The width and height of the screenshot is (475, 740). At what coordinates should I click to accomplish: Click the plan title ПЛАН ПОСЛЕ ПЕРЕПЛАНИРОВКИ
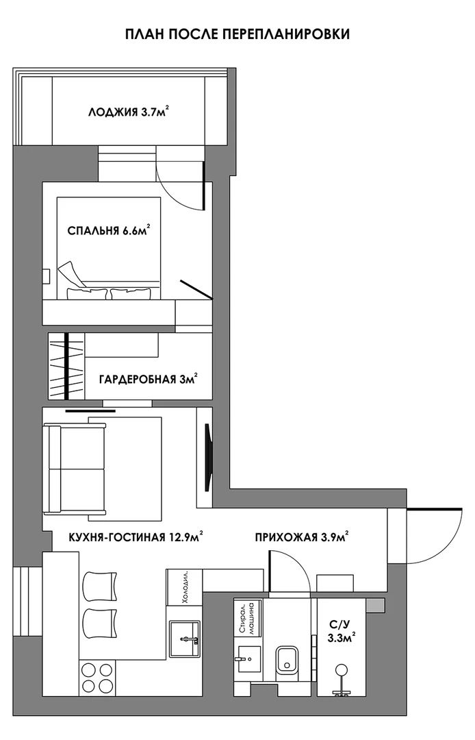tap(237, 34)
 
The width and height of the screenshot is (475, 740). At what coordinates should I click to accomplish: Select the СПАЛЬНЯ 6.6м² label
tap(109, 230)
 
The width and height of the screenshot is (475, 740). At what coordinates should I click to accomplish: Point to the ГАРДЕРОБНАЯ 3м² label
tap(148, 379)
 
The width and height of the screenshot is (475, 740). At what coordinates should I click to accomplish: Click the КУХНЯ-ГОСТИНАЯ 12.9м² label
tap(136, 537)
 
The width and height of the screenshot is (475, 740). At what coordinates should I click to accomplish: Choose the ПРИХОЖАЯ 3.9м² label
tap(302, 537)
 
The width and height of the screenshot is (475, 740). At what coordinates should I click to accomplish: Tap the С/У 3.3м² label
tap(341, 632)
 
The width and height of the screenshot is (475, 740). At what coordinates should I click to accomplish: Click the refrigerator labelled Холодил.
tap(184, 587)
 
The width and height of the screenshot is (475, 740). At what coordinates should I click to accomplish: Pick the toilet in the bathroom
tap(287, 659)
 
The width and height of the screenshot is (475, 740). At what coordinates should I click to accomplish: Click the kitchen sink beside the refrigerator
tap(185, 639)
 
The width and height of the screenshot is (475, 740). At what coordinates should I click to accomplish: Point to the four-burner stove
tap(97, 677)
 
